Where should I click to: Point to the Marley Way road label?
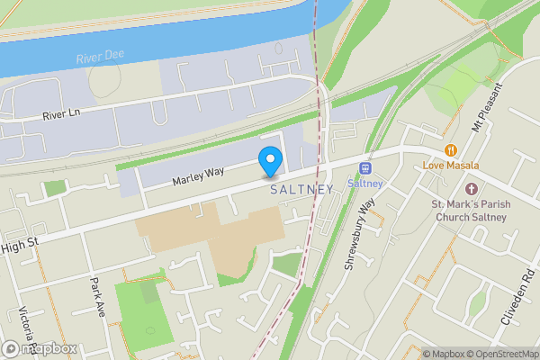point(197,175)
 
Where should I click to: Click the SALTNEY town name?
point(301,189)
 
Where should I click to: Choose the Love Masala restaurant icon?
point(451,149)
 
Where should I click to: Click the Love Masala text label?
point(451,166)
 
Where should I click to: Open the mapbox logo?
point(40,348)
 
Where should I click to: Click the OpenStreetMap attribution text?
point(498,353)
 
